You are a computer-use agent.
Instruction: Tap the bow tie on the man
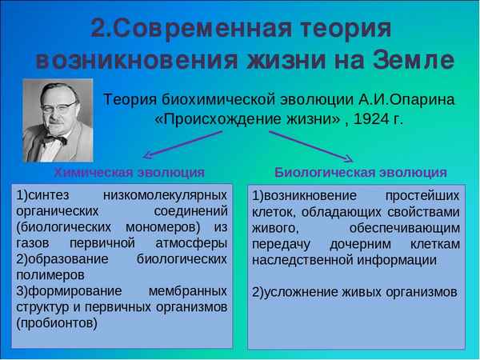pos(54,140)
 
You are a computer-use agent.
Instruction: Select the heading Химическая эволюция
pos(129,172)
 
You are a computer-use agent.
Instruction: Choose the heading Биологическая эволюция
pos(361,172)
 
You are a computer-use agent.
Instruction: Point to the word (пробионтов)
pos(56,323)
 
